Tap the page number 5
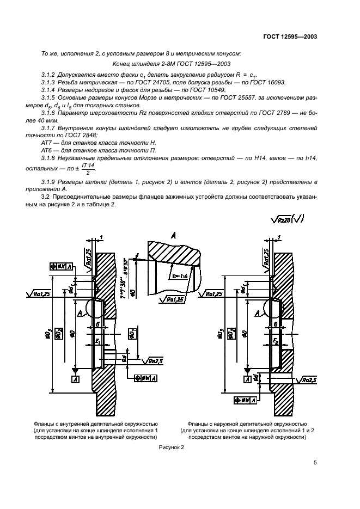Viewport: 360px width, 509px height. (x=315, y=463)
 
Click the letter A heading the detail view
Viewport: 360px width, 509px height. (x=173, y=236)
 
